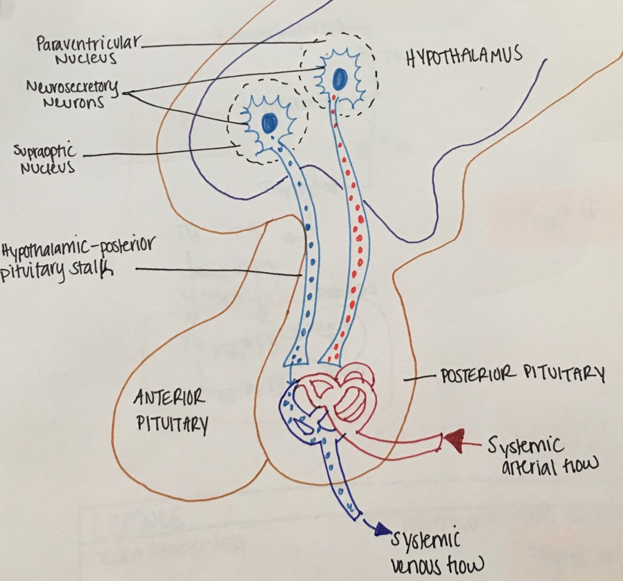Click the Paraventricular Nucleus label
(x=87, y=51)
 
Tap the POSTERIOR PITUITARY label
(x=522, y=375)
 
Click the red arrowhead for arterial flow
(x=454, y=440)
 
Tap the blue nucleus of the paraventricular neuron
(x=339, y=77)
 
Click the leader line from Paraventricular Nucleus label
(x=231, y=44)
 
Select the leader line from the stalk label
(x=217, y=271)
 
